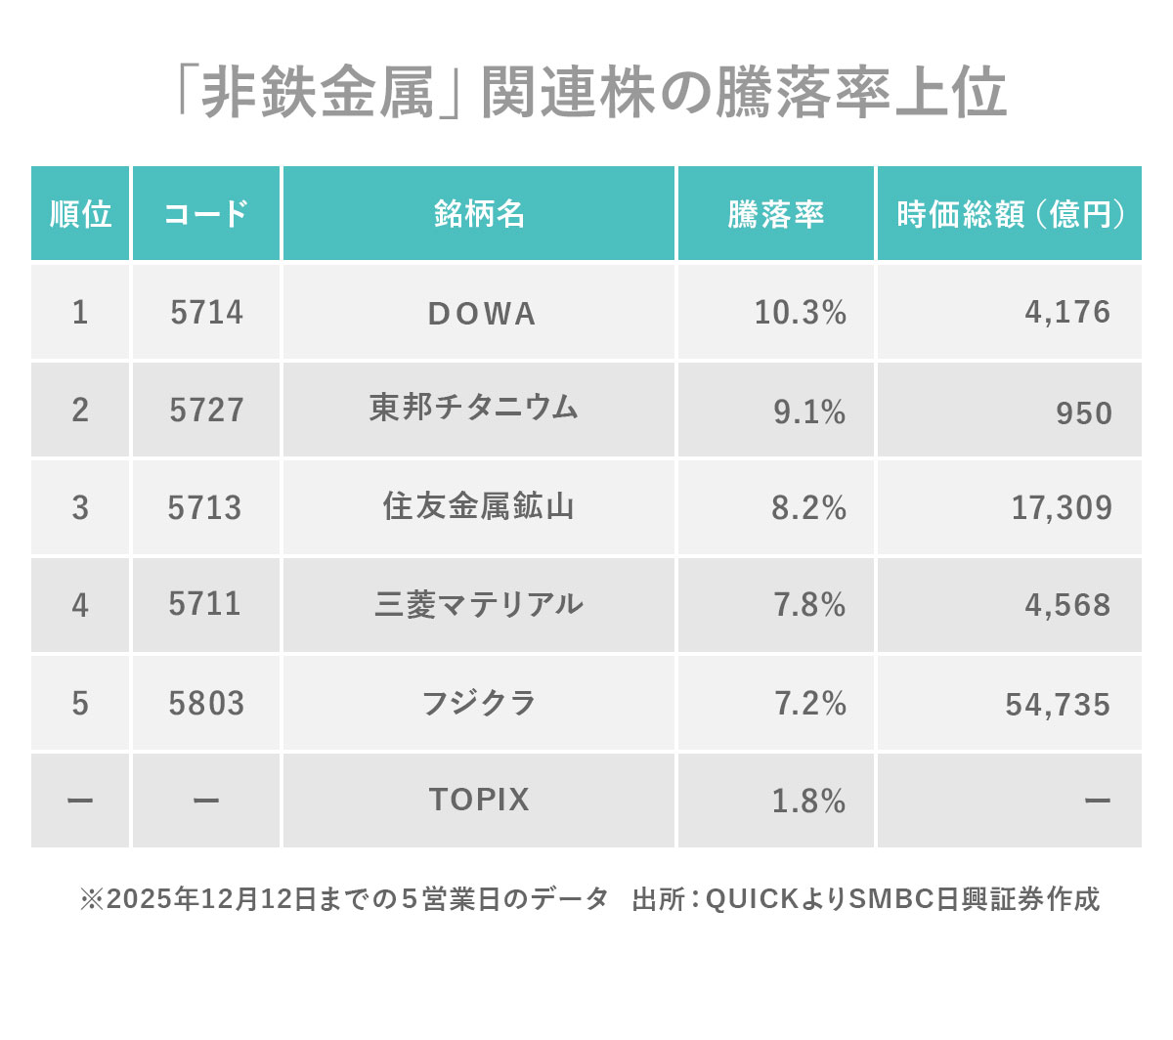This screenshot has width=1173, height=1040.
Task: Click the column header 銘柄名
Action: coord(479,214)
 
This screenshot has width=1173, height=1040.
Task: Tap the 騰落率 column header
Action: coord(775,214)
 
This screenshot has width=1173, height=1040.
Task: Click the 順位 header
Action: coord(80,214)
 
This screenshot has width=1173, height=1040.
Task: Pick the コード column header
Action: coord(206,214)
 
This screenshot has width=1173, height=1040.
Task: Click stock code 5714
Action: coord(206,313)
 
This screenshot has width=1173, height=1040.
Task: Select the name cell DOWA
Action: coord(482,314)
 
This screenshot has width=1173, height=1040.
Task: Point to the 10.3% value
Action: coord(800,313)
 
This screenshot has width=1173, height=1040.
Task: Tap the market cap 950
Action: coord(1083,412)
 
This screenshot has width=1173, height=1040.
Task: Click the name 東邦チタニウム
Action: coord(474,408)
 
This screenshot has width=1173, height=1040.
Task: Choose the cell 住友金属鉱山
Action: coord(478,506)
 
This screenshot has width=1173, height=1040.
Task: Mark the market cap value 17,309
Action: coord(1062,508)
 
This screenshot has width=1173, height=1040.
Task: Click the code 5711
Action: coord(204,604)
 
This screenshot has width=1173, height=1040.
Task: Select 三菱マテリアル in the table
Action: coord(479,604)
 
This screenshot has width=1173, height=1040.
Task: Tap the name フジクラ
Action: coord(479,703)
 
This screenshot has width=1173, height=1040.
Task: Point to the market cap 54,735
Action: coord(1058,705)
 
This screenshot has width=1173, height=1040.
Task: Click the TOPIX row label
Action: coord(479,800)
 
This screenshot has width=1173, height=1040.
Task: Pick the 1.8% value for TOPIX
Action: coord(808,802)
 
